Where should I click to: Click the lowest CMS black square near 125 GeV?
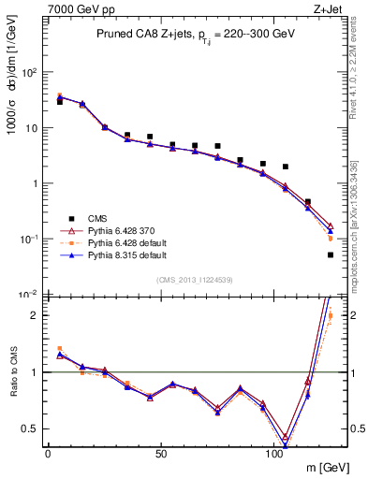point(331,254)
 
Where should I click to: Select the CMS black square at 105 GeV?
point(286,167)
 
